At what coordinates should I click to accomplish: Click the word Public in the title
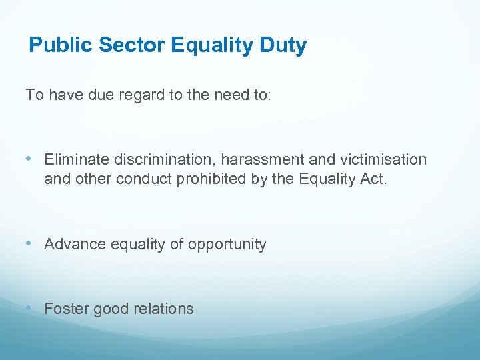pos(61,45)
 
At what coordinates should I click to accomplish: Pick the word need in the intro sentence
pos(229,95)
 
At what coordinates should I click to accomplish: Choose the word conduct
pos(145,179)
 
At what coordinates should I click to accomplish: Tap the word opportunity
pos(227,245)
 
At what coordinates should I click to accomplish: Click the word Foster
pos(64,309)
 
